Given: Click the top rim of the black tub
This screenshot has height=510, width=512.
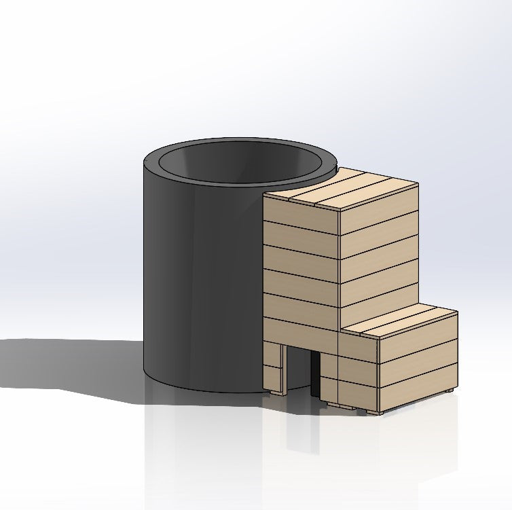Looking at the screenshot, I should pyautogui.click(x=204, y=146).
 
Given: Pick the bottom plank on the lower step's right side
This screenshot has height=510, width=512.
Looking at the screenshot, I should pyautogui.click(x=418, y=390).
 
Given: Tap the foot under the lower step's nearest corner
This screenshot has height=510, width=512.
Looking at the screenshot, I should pyautogui.click(x=379, y=412).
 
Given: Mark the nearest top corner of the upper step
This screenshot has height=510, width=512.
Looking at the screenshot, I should pyautogui.click(x=340, y=211).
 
